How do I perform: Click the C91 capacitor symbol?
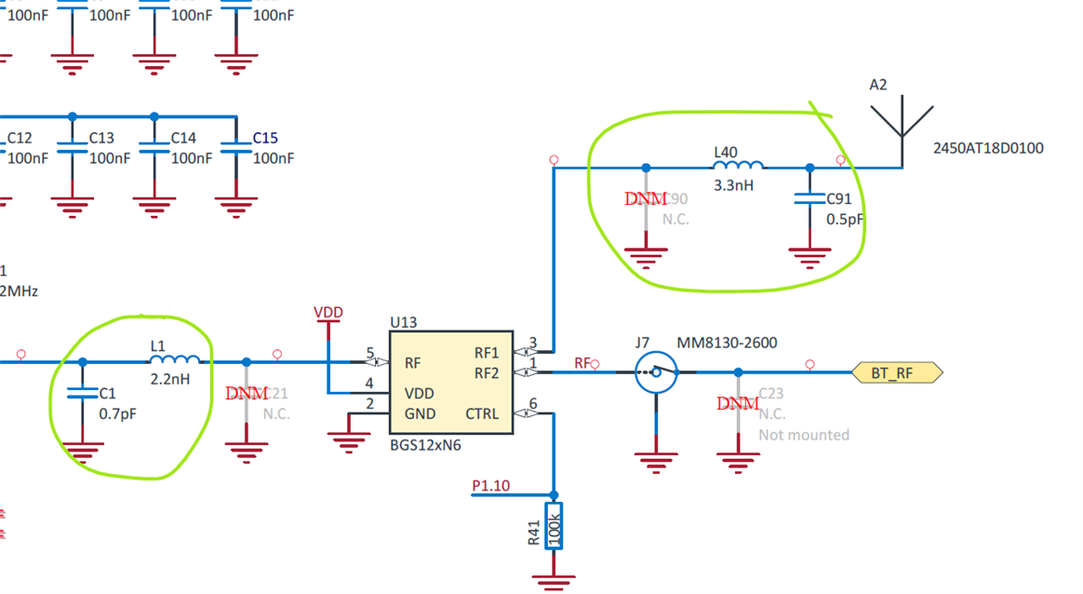809,197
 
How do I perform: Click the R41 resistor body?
554,527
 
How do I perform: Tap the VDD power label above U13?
328,313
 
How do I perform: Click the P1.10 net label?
490,486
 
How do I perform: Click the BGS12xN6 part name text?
425,445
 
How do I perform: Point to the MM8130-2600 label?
727,343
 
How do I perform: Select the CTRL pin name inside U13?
482,413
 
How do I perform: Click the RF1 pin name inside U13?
487,353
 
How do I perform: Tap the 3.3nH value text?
733,185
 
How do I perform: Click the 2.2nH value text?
171,380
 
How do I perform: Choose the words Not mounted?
804,435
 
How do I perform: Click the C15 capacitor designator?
265,138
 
